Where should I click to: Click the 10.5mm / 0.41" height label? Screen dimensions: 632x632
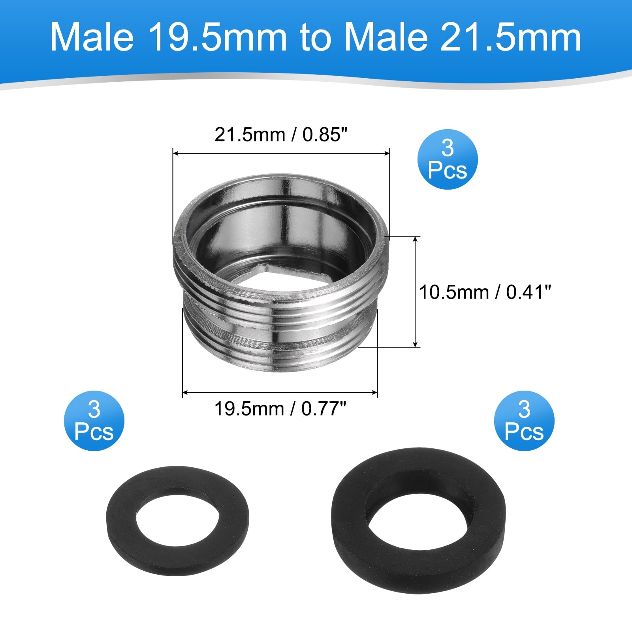485,293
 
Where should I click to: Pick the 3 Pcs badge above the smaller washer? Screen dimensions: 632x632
94,421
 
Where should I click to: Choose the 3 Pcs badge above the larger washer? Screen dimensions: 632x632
524,421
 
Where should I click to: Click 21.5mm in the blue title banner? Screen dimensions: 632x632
510,38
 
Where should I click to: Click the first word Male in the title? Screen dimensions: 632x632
92,38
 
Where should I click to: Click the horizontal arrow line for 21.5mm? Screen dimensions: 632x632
281,153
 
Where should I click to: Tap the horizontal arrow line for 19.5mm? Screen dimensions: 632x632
280,392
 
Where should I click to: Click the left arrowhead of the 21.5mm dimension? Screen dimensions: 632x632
176,153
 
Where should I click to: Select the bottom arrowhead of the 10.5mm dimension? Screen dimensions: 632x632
415,344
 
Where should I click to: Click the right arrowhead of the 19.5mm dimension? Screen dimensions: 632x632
374,392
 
